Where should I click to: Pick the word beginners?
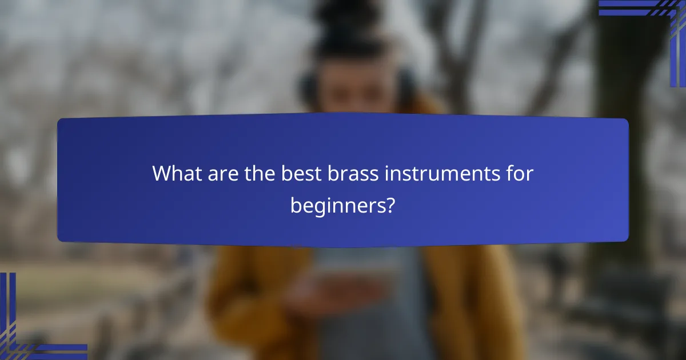335,205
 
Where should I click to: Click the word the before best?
258,174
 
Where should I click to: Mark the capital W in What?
162,174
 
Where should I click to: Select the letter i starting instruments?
387,174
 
